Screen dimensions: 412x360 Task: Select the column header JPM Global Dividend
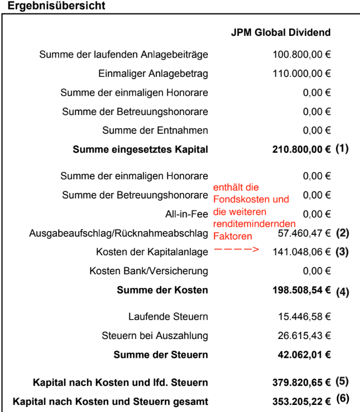280,33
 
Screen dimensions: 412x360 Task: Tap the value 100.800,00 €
302,55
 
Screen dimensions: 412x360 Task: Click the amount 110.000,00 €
302,74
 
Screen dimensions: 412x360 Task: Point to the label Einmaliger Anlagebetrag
153,74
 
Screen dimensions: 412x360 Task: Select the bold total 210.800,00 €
301,149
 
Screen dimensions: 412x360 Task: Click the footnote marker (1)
342,149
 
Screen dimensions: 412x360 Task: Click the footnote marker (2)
342,233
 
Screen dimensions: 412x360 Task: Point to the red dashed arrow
236,250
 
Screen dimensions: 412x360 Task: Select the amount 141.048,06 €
302,252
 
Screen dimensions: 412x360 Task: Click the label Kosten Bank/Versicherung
149,271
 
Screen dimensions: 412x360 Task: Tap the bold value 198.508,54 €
301,290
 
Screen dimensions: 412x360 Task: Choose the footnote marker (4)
342,291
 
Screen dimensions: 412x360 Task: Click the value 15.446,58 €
304,316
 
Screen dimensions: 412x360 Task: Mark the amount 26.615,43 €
304,336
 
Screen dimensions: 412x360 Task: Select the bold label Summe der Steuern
161,355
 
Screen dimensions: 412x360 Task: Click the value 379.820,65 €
301,382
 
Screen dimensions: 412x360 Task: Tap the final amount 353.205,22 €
301,401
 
